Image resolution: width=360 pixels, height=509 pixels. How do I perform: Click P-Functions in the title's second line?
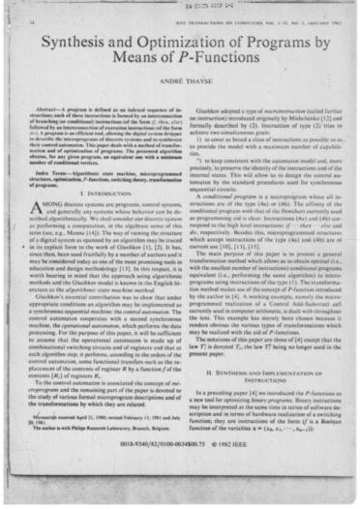[207, 69]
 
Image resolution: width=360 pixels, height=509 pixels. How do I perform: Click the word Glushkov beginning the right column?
[207, 115]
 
